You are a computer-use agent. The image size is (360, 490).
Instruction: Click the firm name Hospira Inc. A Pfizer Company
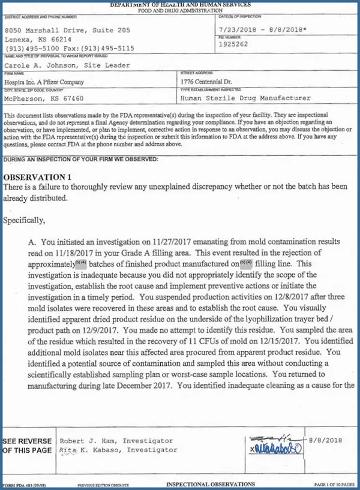[44, 82]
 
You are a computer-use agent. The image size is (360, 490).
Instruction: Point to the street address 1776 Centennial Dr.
[213, 82]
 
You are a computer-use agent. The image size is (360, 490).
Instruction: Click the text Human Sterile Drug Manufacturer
[245, 98]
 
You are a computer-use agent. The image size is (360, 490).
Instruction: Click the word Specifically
[24, 220]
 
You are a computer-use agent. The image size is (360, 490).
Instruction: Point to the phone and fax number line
[70, 48]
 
